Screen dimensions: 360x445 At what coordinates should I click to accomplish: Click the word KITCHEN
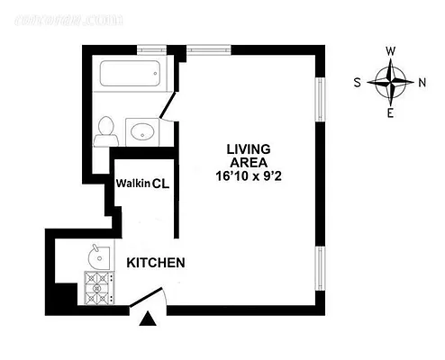pyautogui.click(x=155, y=264)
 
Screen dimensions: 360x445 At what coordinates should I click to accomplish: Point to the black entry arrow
pyautogui.click(x=150, y=317)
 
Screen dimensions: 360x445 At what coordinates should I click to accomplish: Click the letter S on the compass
pyautogui.click(x=359, y=83)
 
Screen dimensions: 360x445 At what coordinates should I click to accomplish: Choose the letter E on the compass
pyautogui.click(x=391, y=113)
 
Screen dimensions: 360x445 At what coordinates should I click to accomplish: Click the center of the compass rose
pyautogui.click(x=391, y=83)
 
